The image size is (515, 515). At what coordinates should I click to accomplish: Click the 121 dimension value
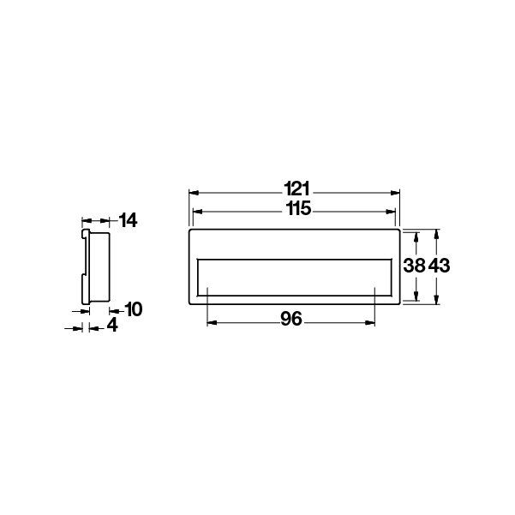click(x=296, y=189)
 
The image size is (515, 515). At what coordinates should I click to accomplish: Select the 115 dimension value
click(x=298, y=208)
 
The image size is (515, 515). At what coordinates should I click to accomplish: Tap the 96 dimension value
click(x=291, y=319)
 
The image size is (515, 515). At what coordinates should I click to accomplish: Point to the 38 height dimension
click(x=414, y=266)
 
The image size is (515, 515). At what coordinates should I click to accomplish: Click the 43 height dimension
click(x=439, y=266)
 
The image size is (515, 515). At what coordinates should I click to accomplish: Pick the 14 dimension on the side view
click(x=128, y=220)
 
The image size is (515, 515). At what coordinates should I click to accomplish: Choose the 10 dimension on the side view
click(x=134, y=309)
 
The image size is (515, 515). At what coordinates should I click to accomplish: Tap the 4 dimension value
click(x=112, y=326)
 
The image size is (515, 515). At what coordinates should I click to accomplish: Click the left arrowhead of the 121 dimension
click(x=195, y=193)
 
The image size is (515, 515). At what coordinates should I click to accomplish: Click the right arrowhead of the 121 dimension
click(x=395, y=193)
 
